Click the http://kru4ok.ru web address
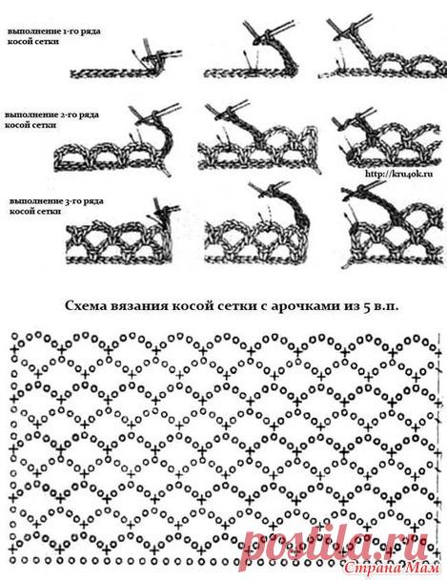coord(398,174)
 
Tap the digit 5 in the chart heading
coord(366,306)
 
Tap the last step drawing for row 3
coord(392,227)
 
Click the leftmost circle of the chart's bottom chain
coord(13,559)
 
